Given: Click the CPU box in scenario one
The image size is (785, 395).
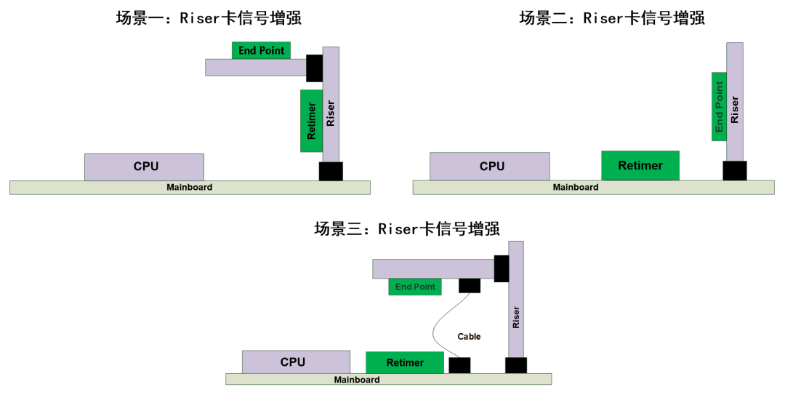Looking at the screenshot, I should pos(144,167).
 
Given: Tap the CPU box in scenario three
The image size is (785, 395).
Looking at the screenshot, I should pos(294,362).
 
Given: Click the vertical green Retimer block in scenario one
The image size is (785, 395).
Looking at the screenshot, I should pos(311,121).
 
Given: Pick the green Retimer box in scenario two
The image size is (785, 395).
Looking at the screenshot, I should pos(640,166).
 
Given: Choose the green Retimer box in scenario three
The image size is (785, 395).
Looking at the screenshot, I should pos(404,362).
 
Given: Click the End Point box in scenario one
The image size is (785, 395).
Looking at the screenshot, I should pos(261,50).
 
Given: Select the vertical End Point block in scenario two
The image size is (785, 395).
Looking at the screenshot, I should pos(719,106).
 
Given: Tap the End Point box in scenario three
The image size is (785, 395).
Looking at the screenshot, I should pos(415,287).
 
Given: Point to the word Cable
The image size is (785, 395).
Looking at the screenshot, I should pos(469,336).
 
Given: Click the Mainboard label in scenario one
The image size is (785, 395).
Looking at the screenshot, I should pos(189,188).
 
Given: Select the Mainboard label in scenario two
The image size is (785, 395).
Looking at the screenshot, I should pos(575,188).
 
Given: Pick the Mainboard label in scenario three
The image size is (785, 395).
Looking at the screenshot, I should pos(356,380).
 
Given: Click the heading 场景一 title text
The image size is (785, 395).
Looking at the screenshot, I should pos(209,18).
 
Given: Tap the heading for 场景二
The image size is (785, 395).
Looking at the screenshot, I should pos(611,18).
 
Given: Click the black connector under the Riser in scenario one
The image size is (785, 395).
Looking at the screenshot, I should pos(331,172).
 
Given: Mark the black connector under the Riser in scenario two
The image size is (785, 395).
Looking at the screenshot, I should pos(734,171).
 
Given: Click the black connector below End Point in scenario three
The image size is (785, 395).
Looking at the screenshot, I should pos(470,285).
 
